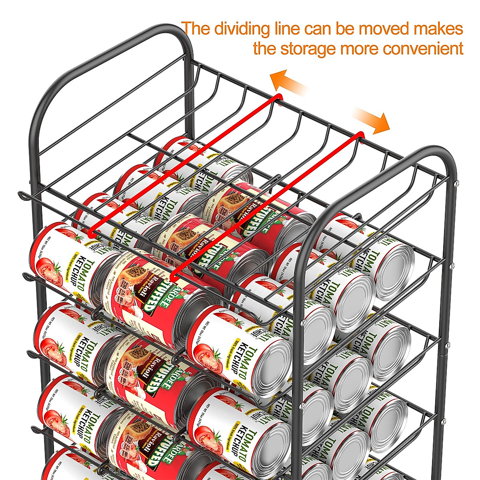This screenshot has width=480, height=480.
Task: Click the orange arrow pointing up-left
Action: click(288, 82)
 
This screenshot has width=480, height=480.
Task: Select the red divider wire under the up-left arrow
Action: click(184, 164)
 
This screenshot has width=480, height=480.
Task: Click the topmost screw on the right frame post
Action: click(455, 184)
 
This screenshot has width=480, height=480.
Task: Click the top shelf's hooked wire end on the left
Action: click(22, 195)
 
